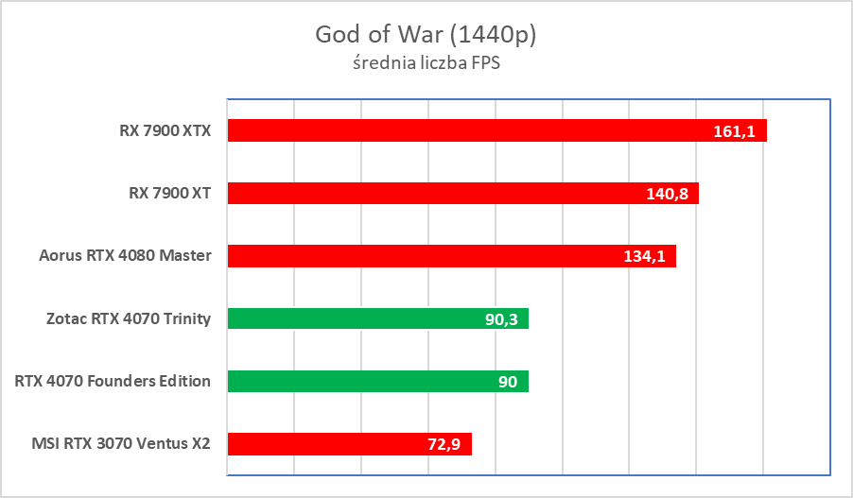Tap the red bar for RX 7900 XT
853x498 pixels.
pos(435,193)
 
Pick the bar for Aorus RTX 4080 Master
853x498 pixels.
pos(426,256)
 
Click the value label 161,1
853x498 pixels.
pos(734,131)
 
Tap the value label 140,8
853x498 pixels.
pos(667,194)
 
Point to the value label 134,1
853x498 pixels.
pos(644,257)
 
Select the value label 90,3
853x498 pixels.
pos(502,319)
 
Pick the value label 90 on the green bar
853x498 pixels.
pos(507,382)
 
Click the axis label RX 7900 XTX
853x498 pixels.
pos(158,130)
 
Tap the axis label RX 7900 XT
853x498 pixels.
pos(169,193)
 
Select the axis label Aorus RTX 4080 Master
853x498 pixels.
pos(125,256)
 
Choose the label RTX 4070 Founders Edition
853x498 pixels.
pos(113,381)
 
